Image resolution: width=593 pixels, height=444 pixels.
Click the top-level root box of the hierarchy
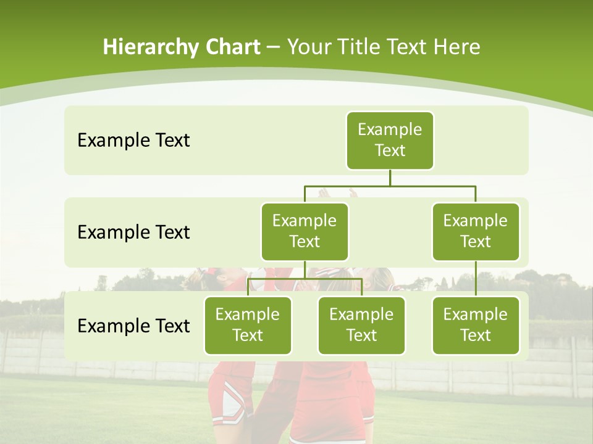(x=390, y=140)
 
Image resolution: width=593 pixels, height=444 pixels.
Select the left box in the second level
(x=305, y=231)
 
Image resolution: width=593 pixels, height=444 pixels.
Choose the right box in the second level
(x=475, y=231)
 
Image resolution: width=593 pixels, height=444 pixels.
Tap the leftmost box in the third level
(x=248, y=325)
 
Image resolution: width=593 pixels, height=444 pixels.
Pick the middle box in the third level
(x=361, y=325)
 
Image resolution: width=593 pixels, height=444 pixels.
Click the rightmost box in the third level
(x=475, y=325)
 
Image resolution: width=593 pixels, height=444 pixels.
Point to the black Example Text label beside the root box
(x=133, y=141)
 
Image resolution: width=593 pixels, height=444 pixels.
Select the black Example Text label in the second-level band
(x=133, y=232)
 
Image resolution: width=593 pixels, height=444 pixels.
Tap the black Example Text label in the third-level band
(x=133, y=326)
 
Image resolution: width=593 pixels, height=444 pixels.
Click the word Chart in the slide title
(x=230, y=47)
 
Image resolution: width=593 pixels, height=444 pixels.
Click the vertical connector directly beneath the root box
(x=390, y=178)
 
